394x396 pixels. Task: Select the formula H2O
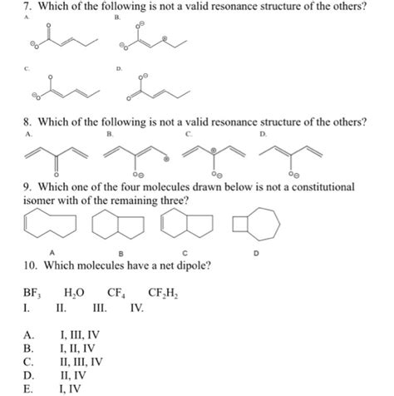click(x=73, y=294)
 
